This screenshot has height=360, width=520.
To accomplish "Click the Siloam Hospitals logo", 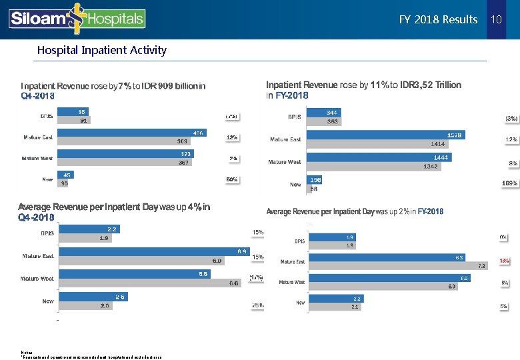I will pos(77,19).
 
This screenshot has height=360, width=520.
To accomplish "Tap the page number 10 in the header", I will pos(495,19).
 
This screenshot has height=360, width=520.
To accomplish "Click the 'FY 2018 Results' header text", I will pos(438,19).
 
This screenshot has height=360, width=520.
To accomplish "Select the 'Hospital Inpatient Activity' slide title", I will pos(102,50).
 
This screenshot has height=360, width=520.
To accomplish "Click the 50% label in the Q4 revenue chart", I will pos(232,179).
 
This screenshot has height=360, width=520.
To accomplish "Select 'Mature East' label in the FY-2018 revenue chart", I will pos(285,139).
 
